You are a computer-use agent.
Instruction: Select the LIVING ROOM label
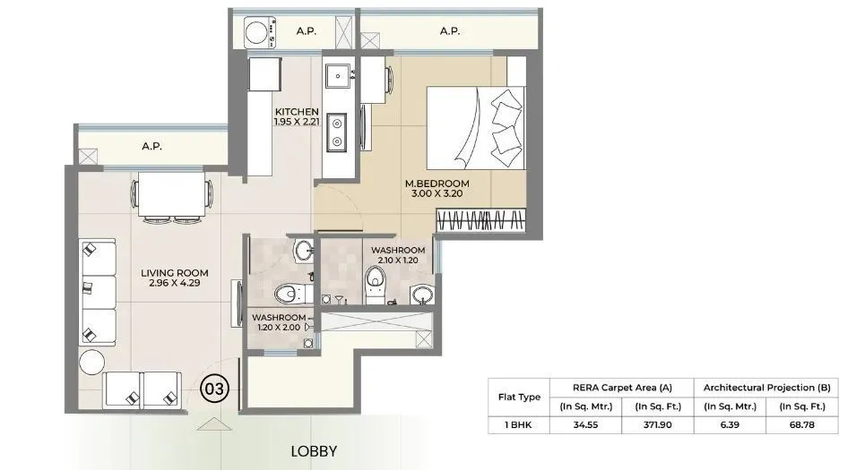tap(175, 273)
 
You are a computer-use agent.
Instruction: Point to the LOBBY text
tap(314, 450)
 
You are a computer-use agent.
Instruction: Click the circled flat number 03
tap(215, 389)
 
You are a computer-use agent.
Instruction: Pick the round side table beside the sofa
tap(91, 362)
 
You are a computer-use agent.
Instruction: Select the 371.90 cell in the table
tap(655, 427)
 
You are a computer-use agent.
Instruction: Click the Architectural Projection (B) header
tap(765, 387)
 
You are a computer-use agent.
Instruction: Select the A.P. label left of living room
tap(151, 147)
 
